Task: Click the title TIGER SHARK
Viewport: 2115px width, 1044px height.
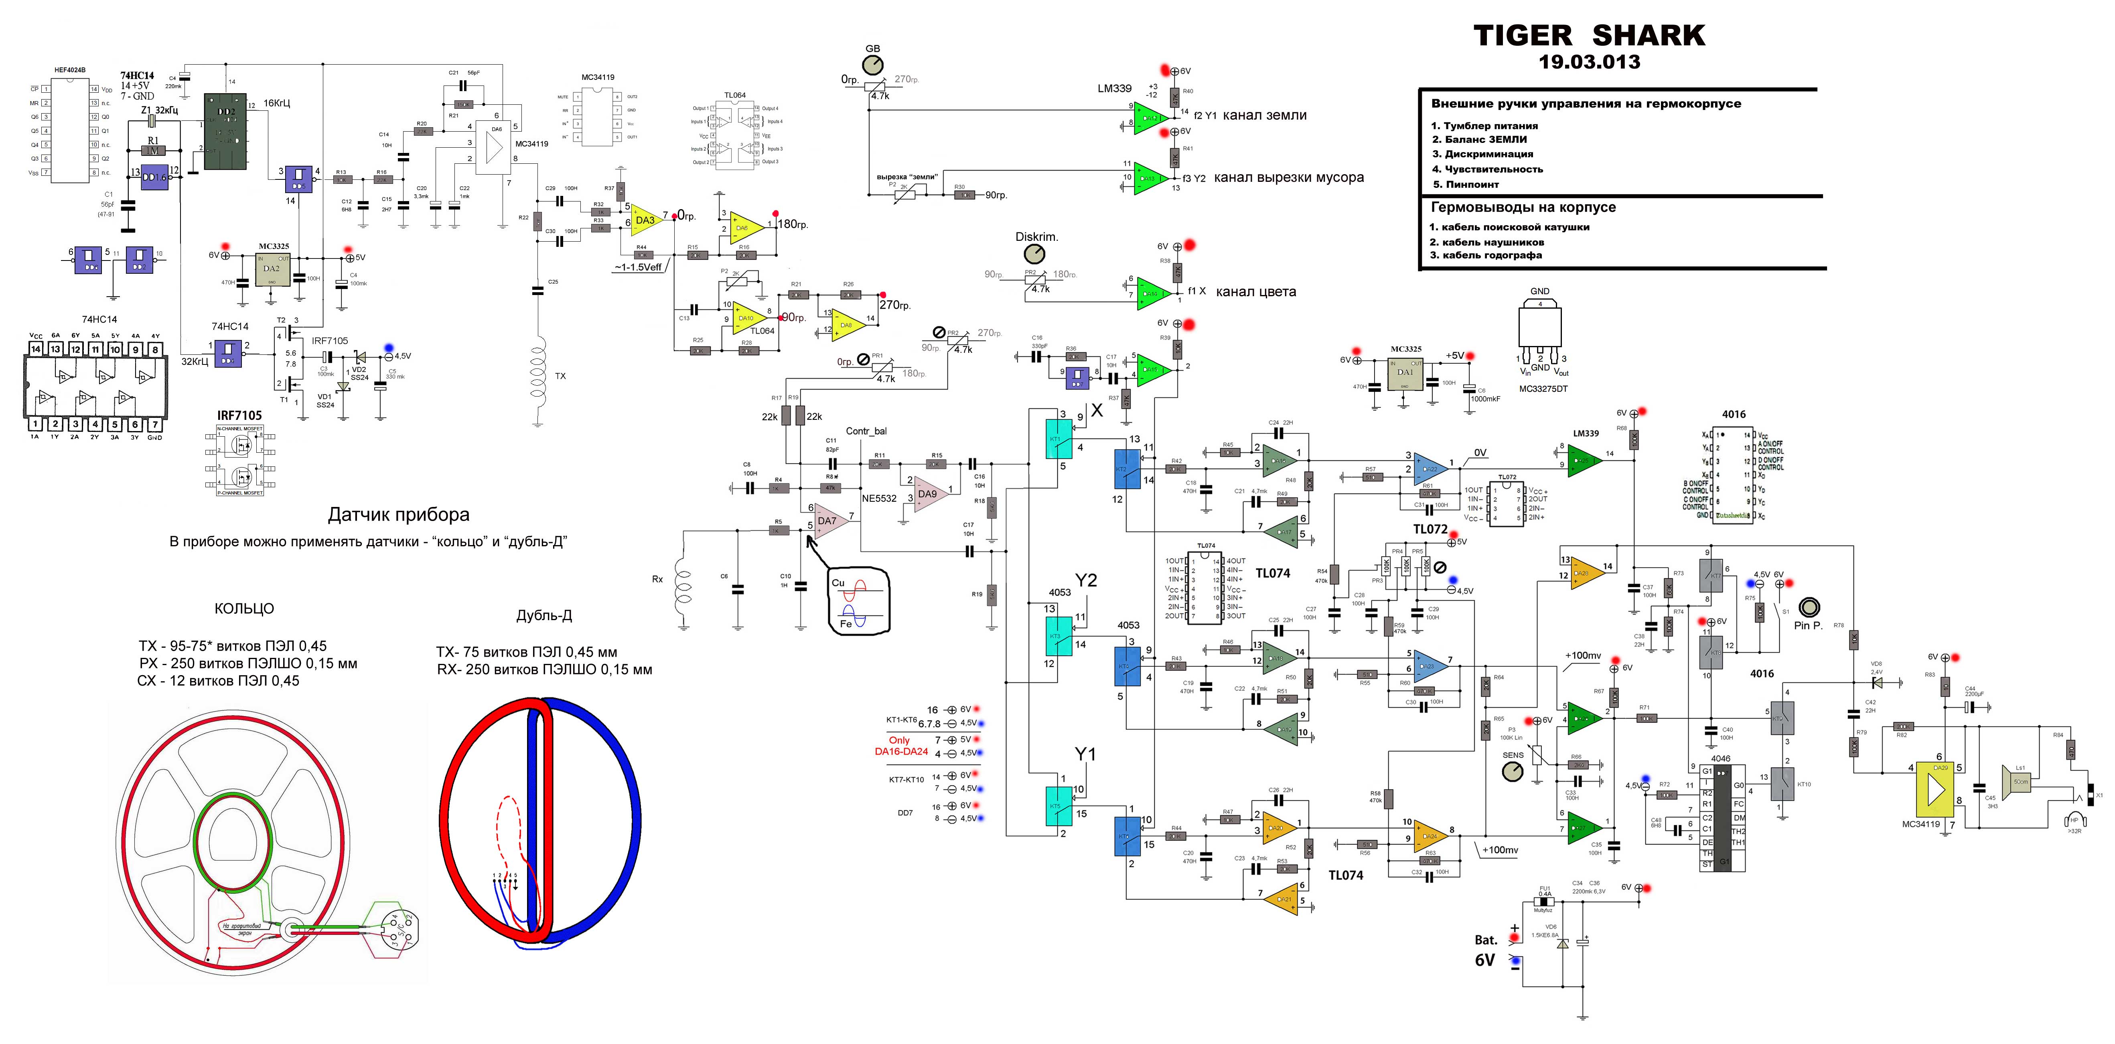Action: click(1589, 35)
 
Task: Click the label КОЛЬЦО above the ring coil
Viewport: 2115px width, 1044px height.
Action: click(244, 608)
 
